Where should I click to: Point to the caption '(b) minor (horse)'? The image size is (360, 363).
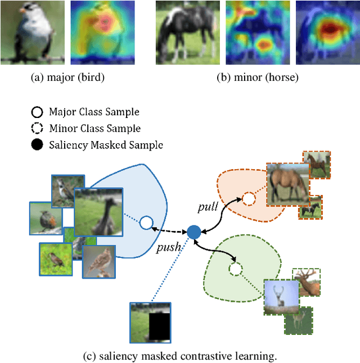[258, 78]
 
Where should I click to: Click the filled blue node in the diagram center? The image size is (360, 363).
[193, 232]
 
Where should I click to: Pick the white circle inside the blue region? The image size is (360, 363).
[146, 224]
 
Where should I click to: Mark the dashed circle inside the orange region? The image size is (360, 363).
[248, 198]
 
